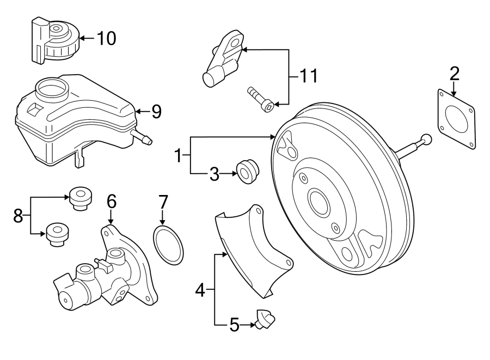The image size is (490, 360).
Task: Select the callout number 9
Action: point(156,112)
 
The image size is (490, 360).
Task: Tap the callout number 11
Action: point(308,76)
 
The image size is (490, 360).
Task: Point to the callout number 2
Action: point(454,73)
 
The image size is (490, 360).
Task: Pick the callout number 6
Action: point(111,202)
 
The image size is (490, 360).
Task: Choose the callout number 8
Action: point(18,216)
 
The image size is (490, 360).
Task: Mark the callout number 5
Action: point(234,325)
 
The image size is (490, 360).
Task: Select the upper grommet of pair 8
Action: point(81,198)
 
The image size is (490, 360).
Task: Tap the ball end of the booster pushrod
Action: point(427,140)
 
